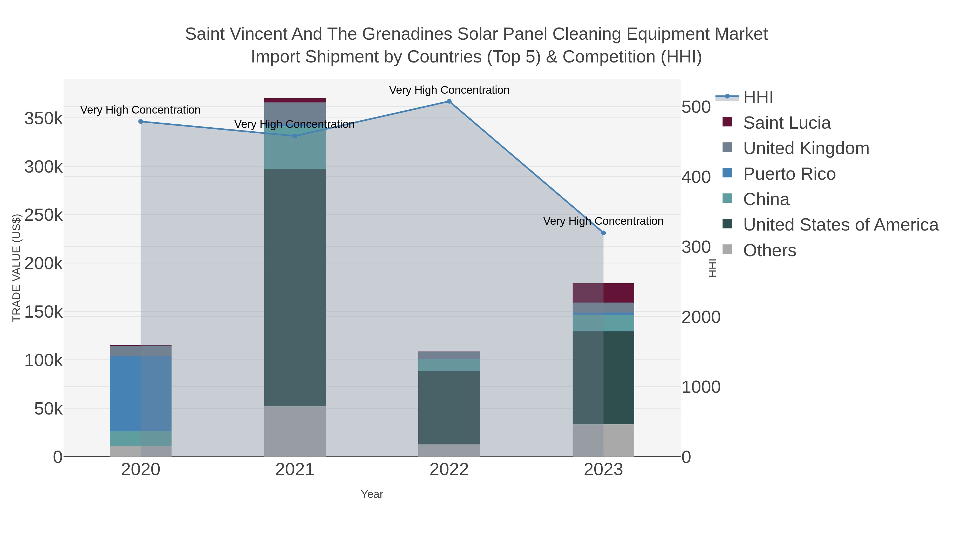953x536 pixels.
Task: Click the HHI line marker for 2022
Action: [449, 101]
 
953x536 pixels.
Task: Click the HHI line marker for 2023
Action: [603, 233]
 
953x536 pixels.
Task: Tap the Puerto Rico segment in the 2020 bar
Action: [141, 393]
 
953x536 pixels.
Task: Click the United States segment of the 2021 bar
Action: [295, 287]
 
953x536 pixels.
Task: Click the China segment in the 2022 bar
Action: [449, 365]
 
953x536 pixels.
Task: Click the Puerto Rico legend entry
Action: [789, 174]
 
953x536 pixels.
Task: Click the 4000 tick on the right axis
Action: [695, 177]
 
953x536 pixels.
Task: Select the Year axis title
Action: [372, 494]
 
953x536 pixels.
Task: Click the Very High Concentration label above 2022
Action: [449, 90]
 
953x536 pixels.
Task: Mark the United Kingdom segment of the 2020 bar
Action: [141, 351]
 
